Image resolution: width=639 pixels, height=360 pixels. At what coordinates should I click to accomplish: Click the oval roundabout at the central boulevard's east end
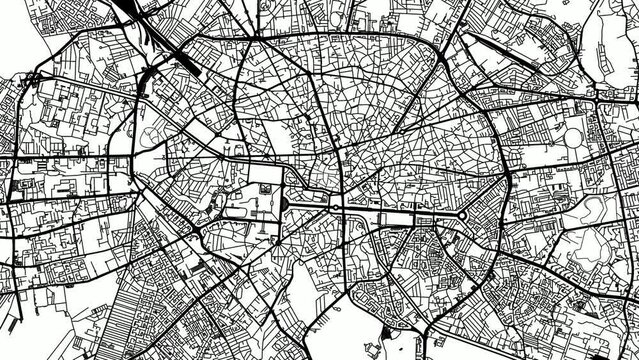[464, 213]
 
